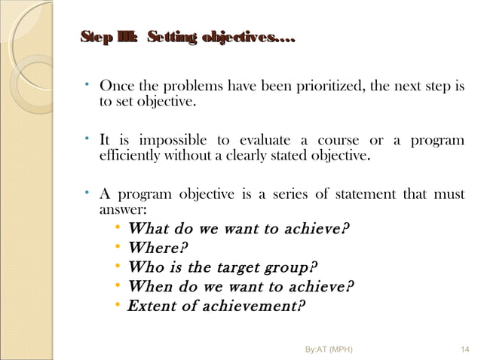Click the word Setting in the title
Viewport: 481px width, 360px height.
(x=173, y=37)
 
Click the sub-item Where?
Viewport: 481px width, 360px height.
(x=158, y=248)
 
